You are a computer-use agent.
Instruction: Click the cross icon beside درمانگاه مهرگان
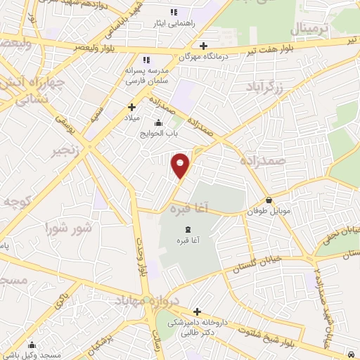tap(203, 46)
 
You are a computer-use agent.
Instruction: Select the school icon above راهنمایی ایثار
tap(174, 13)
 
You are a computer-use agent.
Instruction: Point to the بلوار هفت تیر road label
tap(271, 48)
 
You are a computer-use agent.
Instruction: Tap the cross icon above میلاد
tap(131, 108)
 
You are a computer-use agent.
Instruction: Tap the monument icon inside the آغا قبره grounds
tap(187, 230)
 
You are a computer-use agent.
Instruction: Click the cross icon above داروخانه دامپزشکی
tap(197, 311)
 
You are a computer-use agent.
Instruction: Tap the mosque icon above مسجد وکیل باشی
tap(32, 345)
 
